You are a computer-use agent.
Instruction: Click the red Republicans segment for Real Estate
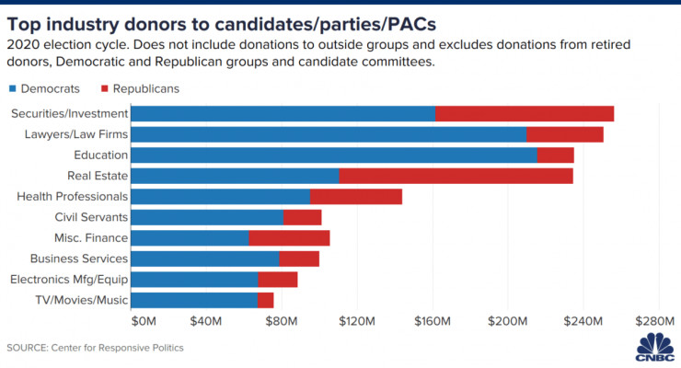tap(456, 176)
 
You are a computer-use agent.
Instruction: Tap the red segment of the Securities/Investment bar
tap(525, 113)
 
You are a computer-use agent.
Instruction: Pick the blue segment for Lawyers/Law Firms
tap(329, 134)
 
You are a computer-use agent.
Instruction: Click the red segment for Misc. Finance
tap(289, 238)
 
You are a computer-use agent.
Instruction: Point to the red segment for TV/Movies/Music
tap(265, 300)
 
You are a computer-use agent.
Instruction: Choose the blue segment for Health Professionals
tap(221, 196)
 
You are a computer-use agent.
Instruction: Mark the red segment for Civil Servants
tap(302, 217)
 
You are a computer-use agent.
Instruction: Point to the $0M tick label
tap(145, 321)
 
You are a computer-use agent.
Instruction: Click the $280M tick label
tap(657, 321)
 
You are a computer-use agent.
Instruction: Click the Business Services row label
tap(79, 259)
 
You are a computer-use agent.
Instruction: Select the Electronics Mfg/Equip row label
tap(69, 279)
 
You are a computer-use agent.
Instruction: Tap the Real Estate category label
tap(98, 176)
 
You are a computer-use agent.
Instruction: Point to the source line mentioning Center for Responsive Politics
tap(96, 348)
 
